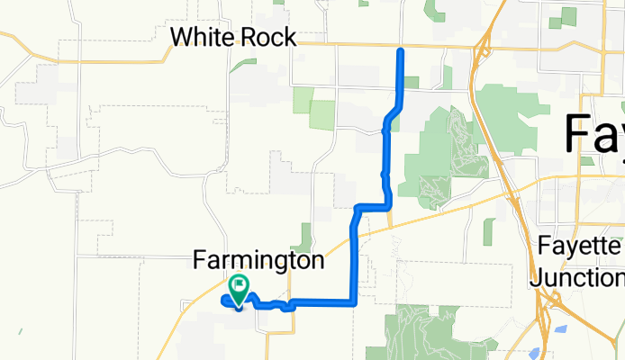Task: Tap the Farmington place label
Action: (x=258, y=261)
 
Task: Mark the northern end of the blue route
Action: (x=401, y=52)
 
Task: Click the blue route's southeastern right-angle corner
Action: (x=355, y=302)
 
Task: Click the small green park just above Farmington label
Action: (x=304, y=236)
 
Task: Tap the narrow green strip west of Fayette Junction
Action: (x=488, y=231)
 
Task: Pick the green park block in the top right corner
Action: (x=568, y=17)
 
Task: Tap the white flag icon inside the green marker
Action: (x=240, y=287)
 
